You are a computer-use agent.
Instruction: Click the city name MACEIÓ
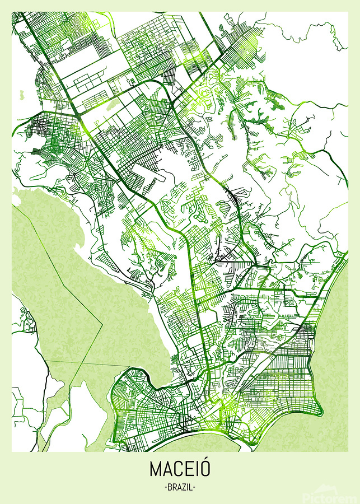point(180,469)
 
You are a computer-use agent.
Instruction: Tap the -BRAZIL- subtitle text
point(180,488)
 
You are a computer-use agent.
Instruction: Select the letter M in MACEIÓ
point(156,469)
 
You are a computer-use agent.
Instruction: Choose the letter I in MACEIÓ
point(198,469)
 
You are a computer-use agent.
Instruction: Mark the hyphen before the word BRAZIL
point(166,488)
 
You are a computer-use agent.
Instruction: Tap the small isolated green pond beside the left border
point(22,95)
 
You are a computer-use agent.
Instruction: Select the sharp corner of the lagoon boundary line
point(102,323)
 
